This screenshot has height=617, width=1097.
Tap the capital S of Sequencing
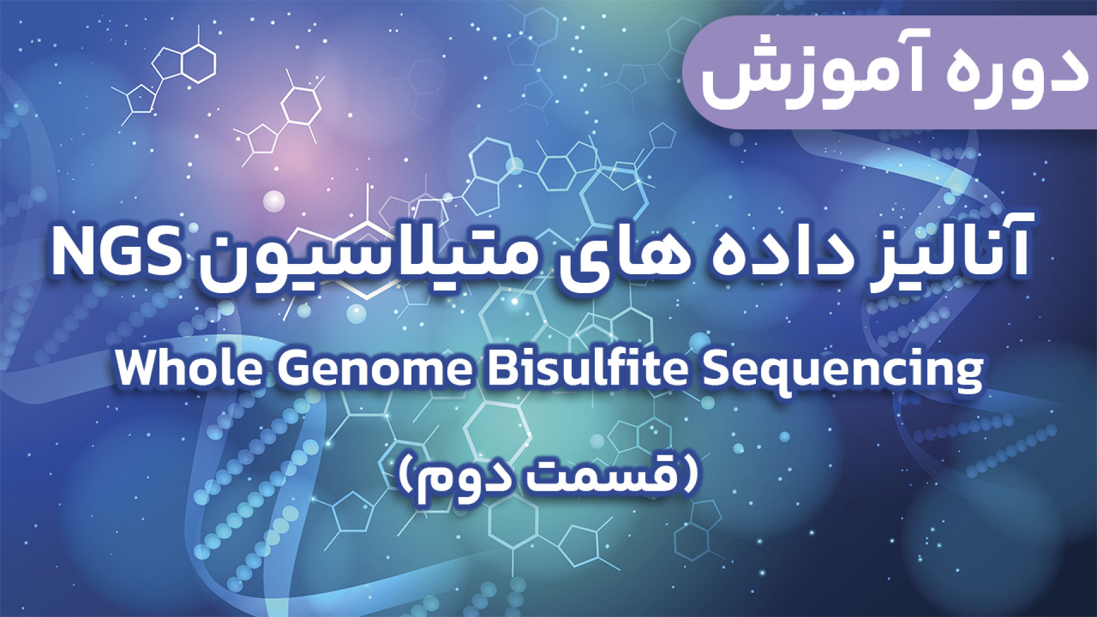717,369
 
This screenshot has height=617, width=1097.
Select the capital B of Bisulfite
502,369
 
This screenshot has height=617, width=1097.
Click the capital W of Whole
141,369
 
